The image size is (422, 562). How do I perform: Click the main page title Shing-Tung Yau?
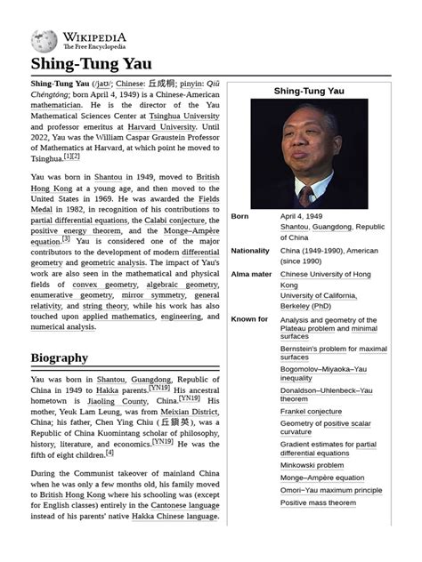tap(92, 64)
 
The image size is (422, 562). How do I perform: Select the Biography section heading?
tap(60, 357)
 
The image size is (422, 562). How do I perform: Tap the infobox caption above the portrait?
tap(309, 91)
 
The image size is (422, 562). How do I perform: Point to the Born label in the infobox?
tap(239, 216)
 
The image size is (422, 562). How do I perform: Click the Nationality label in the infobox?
tap(250, 251)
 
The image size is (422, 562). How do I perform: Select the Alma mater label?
tap(251, 275)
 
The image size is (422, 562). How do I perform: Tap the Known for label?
tap(249, 319)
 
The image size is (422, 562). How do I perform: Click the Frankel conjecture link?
tap(311, 412)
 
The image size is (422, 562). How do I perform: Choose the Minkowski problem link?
tap(312, 464)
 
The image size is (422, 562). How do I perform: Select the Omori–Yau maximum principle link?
tap(332, 490)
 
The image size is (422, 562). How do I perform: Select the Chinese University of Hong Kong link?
tap(326, 275)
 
